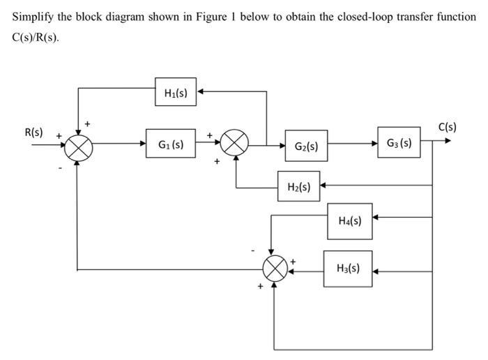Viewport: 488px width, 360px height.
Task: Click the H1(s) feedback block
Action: [x=176, y=92]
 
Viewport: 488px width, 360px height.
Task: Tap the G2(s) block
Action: [x=306, y=146]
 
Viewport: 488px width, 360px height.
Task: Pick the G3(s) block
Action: [x=399, y=143]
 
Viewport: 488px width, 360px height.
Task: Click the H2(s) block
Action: [x=298, y=186]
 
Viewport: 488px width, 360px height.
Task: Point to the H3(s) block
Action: [x=348, y=268]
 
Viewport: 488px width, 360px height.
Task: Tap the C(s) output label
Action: [x=448, y=127]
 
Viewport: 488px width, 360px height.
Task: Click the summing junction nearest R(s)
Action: [x=78, y=146]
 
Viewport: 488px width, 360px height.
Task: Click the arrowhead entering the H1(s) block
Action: [x=201, y=92]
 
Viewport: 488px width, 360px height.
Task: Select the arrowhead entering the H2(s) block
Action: [x=323, y=186]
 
